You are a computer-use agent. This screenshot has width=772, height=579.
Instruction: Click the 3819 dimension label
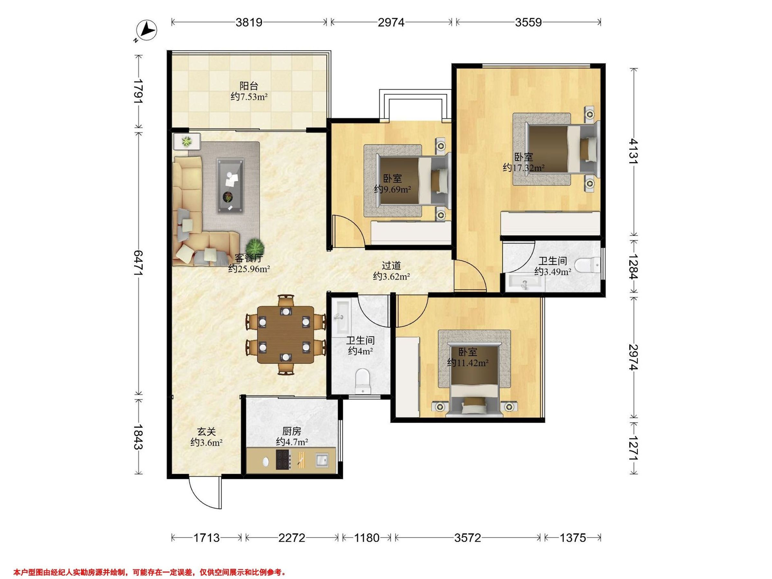click(x=249, y=22)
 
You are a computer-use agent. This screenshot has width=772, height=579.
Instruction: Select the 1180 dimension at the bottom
click(x=366, y=538)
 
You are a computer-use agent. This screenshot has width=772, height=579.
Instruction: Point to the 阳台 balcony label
click(x=249, y=86)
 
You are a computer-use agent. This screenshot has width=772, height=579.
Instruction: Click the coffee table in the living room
click(x=230, y=185)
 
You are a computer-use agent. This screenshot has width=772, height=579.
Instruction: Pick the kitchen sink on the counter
click(x=322, y=460)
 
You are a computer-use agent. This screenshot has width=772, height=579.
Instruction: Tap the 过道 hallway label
click(x=391, y=266)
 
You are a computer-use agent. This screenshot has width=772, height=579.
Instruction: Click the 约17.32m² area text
click(x=523, y=168)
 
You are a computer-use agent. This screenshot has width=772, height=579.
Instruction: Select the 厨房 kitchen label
click(x=291, y=431)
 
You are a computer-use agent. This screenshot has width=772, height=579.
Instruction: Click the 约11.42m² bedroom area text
click(x=468, y=363)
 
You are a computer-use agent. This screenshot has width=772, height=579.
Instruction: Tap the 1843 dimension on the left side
click(x=139, y=437)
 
